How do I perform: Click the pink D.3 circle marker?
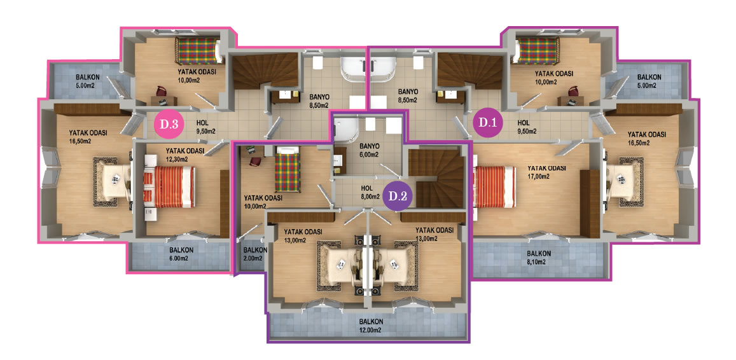169,125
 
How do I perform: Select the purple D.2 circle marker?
398,196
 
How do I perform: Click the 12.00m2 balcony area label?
371,326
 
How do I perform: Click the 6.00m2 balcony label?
181,254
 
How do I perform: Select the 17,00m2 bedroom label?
546,172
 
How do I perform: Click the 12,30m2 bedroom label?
185,155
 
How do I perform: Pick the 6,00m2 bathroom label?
370,149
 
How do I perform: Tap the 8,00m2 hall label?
370,193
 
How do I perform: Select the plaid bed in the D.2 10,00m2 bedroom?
288,169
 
